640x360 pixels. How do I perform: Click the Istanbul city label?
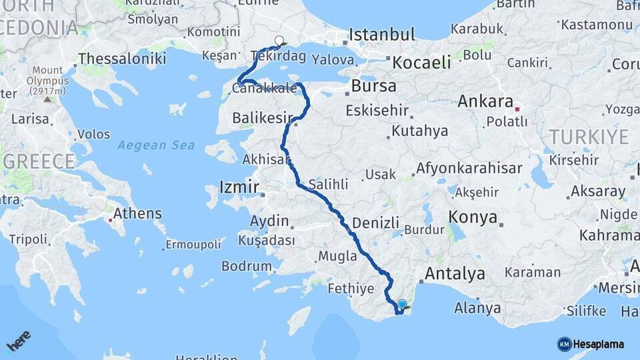pyautogui.click(x=382, y=35)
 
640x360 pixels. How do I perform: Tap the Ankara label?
pyautogui.click(x=485, y=103)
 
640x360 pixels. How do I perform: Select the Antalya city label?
pyautogui.click(x=455, y=273)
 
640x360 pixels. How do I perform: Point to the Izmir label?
pyautogui.click(x=239, y=187)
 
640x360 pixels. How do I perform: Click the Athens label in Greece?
pyautogui.click(x=137, y=214)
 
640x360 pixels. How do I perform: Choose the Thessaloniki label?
pyautogui.click(x=121, y=59)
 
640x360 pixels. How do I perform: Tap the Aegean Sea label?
pyautogui.click(x=156, y=145)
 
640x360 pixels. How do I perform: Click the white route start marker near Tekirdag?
pyautogui.click(x=279, y=41)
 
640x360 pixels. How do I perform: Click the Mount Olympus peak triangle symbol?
pyautogui.click(x=47, y=99)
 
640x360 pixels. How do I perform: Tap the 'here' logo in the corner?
pyautogui.click(x=19, y=341)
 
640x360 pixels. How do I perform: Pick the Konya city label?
pyautogui.click(x=473, y=217)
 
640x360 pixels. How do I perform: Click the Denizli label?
pyautogui.click(x=375, y=223)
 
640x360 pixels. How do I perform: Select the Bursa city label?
pyautogui.click(x=373, y=86)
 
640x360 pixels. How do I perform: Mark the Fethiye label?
pyautogui.click(x=351, y=289)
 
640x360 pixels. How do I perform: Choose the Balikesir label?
pyautogui.click(x=259, y=118)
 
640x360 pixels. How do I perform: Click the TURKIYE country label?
pyautogui.click(x=589, y=137)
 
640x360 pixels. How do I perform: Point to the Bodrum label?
pyautogui.click(x=247, y=266)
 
